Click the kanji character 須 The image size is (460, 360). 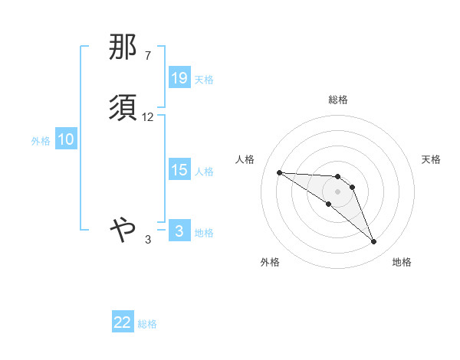[123, 108]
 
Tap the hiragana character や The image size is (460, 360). [123, 227]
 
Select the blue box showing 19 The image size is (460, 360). [179, 78]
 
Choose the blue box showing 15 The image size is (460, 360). [179, 171]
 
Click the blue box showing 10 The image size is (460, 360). [66, 140]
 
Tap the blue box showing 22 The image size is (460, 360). [123, 322]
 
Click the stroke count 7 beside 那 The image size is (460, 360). [148, 56]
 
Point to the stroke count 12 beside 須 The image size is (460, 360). [148, 117]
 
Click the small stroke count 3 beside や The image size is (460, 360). [148, 240]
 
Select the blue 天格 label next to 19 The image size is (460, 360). [204, 79]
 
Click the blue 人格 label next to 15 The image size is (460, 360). [204, 172]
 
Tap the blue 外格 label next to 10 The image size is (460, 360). [40, 141]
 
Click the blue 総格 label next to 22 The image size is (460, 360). [147, 323]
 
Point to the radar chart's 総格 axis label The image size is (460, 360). [337, 100]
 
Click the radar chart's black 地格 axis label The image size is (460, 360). [402, 262]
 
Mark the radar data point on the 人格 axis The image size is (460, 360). [279, 172]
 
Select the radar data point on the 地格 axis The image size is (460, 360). [374, 242]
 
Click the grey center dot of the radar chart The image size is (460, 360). [337, 191]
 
